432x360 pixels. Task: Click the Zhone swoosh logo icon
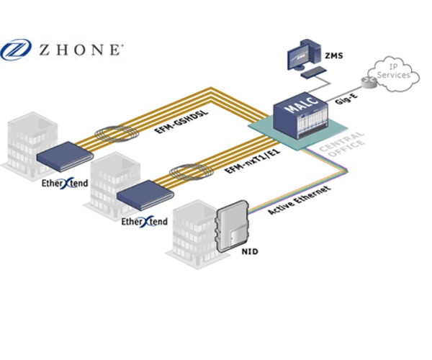pos(16,50)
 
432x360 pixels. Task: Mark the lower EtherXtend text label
pos(145,221)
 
